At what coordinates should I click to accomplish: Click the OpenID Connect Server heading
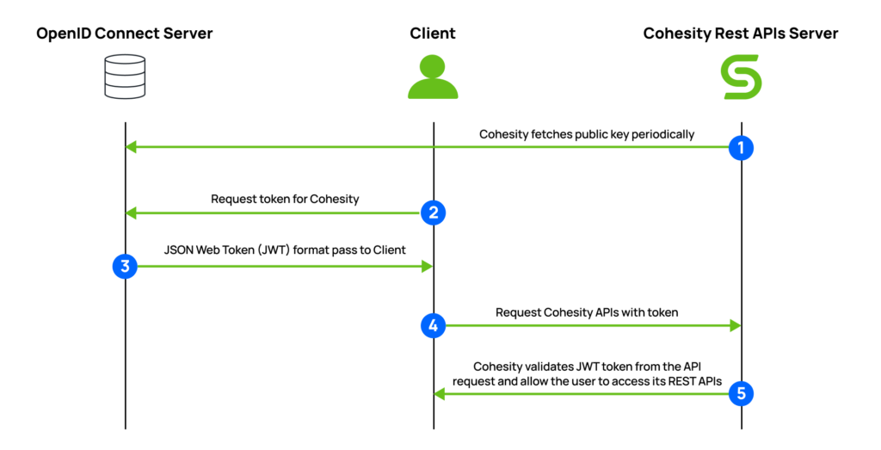click(125, 34)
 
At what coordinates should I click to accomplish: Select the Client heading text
click(433, 34)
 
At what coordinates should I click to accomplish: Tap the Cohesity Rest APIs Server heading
click(741, 34)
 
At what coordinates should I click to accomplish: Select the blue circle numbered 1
click(741, 147)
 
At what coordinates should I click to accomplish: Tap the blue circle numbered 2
click(434, 213)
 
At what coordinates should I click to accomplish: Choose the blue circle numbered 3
click(126, 267)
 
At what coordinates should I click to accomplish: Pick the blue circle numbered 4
click(434, 325)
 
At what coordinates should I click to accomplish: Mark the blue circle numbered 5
click(741, 393)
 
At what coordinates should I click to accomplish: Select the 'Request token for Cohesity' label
click(285, 199)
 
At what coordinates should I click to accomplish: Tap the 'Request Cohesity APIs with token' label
click(587, 312)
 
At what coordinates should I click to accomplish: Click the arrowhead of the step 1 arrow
click(131, 147)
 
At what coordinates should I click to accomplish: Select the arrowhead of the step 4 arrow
click(736, 325)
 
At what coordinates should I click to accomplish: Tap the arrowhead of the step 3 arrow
click(427, 267)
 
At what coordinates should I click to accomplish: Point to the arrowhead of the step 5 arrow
click(440, 393)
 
